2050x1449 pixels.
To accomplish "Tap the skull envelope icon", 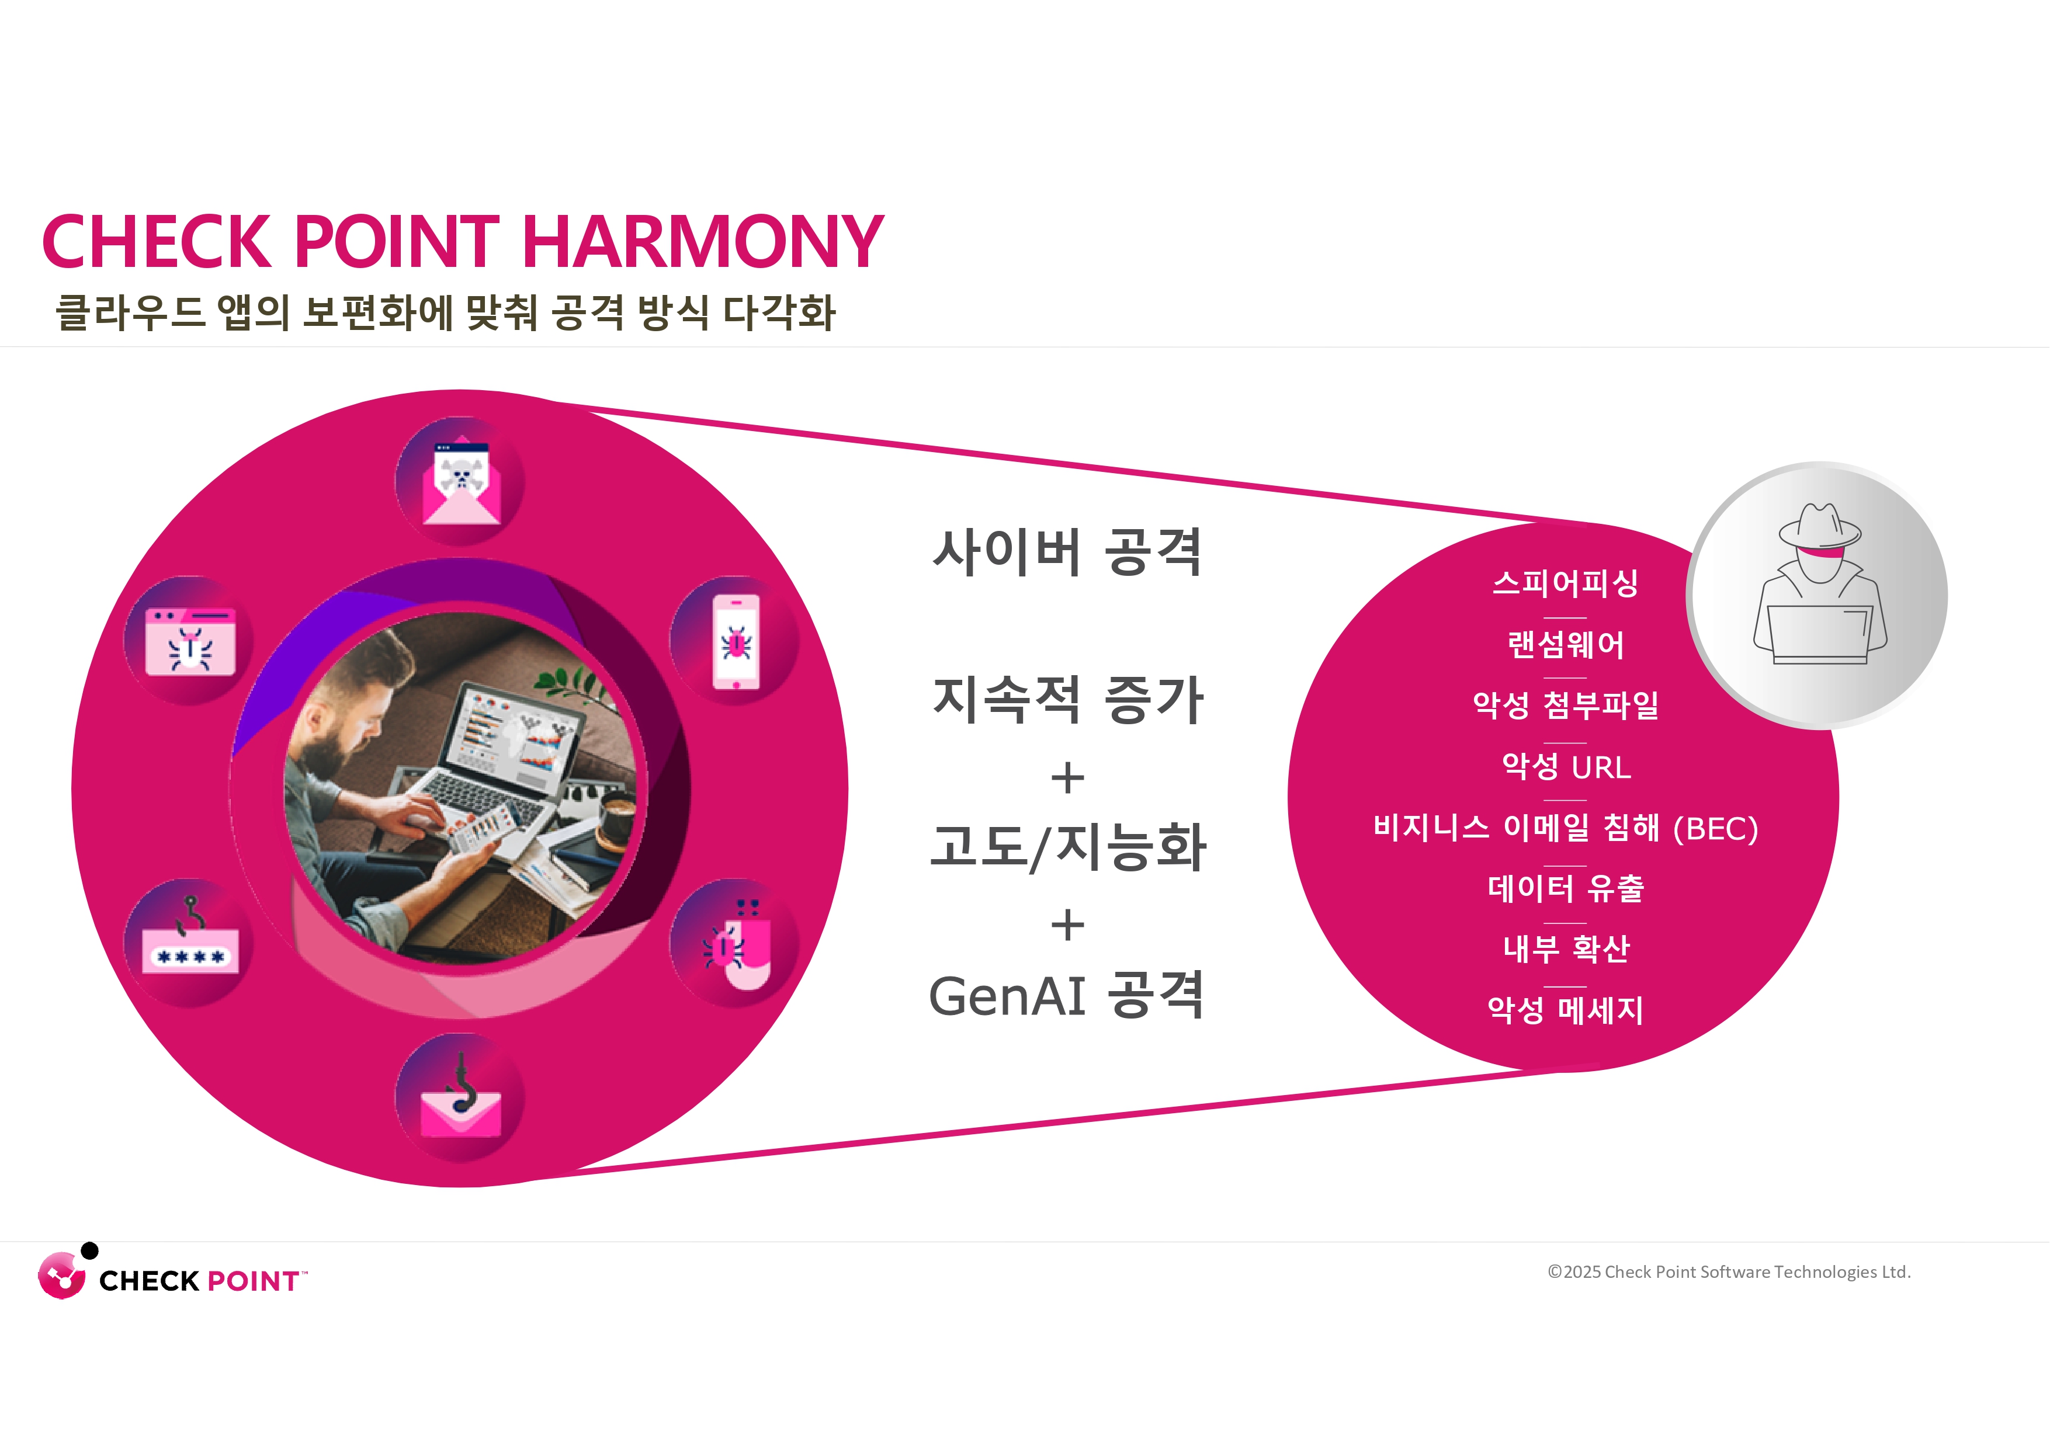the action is (461, 482).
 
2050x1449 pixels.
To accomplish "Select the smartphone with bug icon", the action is (736, 641).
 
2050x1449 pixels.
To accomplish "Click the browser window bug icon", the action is (190, 641).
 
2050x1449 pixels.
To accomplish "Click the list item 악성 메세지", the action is (1565, 1010).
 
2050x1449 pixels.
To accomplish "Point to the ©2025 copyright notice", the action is (1729, 1272).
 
